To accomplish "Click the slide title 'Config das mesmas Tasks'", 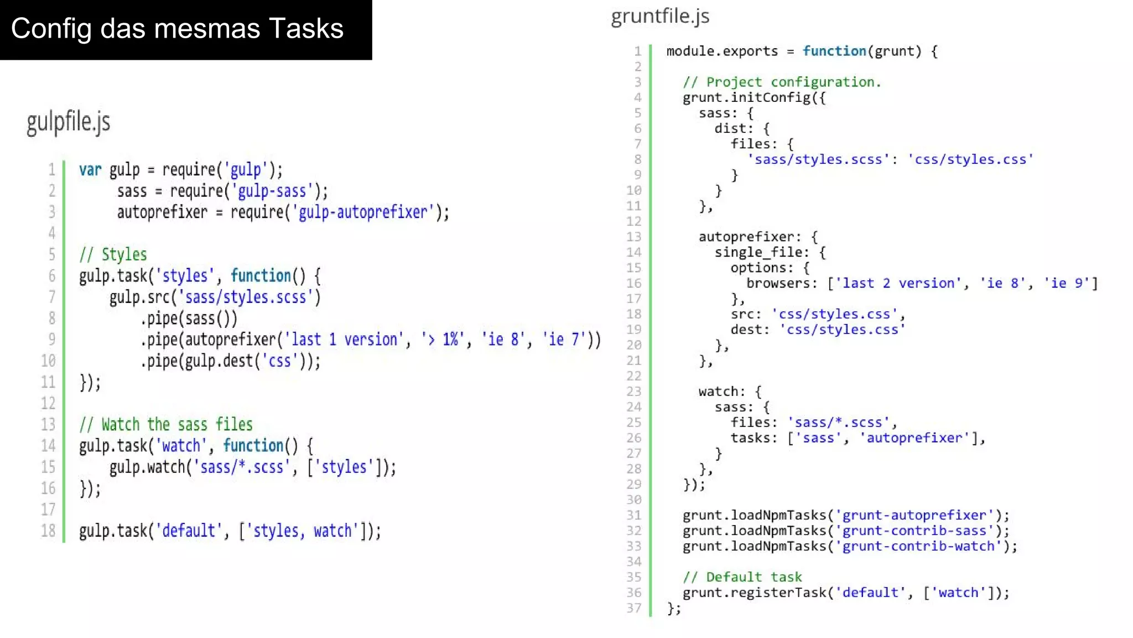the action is [177, 29].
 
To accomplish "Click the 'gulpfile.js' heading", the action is [69, 122].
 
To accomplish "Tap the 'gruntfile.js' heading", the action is [660, 17].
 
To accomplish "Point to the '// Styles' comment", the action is [113, 255].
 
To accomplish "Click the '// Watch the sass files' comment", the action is [166, 425].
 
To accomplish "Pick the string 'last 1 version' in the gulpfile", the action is [344, 339].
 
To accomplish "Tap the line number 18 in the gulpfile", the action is [48, 531].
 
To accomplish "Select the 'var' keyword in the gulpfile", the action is [90, 169].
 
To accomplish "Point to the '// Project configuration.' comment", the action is [782, 82].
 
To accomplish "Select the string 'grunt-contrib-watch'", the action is [922, 547].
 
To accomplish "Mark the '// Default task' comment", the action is [742, 577].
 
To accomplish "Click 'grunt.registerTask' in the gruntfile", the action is [754, 593].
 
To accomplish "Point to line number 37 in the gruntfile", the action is [634, 608].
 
